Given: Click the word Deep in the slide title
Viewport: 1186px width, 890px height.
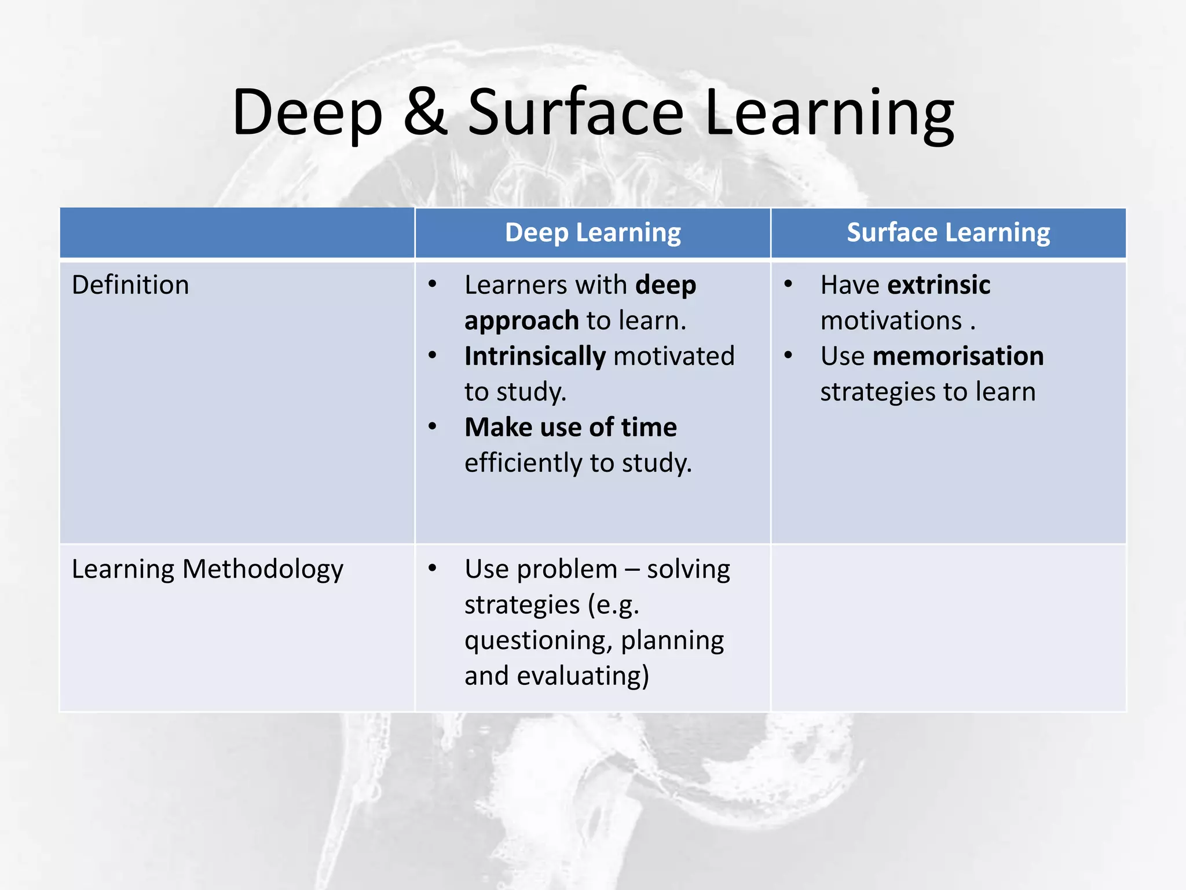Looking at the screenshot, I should coord(308,113).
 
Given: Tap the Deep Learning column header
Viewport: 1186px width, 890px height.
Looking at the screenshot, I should coord(592,232).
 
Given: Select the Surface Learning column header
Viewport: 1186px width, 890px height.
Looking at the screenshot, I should coord(948,232).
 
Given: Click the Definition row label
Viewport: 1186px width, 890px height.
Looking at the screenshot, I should coord(130,285).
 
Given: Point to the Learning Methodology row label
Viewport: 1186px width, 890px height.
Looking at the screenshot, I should coord(207,570).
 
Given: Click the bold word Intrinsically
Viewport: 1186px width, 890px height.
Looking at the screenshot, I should coord(535,356).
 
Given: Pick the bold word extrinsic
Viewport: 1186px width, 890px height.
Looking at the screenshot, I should coord(939,285).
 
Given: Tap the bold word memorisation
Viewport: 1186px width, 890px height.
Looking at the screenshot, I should coord(958,356).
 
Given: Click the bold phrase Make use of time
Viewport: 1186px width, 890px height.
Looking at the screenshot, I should coord(570,427).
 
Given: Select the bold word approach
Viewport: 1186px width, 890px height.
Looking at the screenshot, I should coord(521,321).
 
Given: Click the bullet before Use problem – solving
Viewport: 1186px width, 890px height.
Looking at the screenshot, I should coord(433,568).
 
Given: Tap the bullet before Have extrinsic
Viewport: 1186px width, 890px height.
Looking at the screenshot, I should coord(788,284).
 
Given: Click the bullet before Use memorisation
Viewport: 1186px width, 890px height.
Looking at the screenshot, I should coord(788,355).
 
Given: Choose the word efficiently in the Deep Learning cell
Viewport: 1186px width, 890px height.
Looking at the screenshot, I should coord(524,463).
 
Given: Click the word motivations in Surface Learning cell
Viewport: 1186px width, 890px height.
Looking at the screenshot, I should coord(891,321).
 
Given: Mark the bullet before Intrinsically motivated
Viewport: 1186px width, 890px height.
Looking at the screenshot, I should coord(433,355).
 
